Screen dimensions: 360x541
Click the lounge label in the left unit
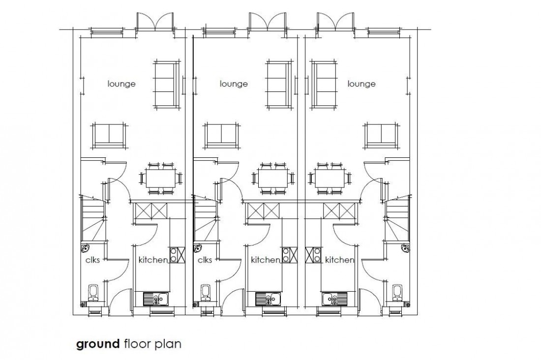coord(121,84)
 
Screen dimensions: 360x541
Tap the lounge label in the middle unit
coord(234,84)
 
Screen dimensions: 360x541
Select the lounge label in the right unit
coord(361,84)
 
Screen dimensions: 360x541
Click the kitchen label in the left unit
coord(152,260)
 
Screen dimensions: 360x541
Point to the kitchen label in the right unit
coord(340,260)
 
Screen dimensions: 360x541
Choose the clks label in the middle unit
coord(205,260)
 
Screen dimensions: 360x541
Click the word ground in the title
coord(98,344)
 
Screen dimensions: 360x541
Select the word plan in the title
coord(169,344)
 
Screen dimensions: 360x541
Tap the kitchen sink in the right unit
coord(334,298)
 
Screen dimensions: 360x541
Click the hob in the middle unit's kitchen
coord(289,254)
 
